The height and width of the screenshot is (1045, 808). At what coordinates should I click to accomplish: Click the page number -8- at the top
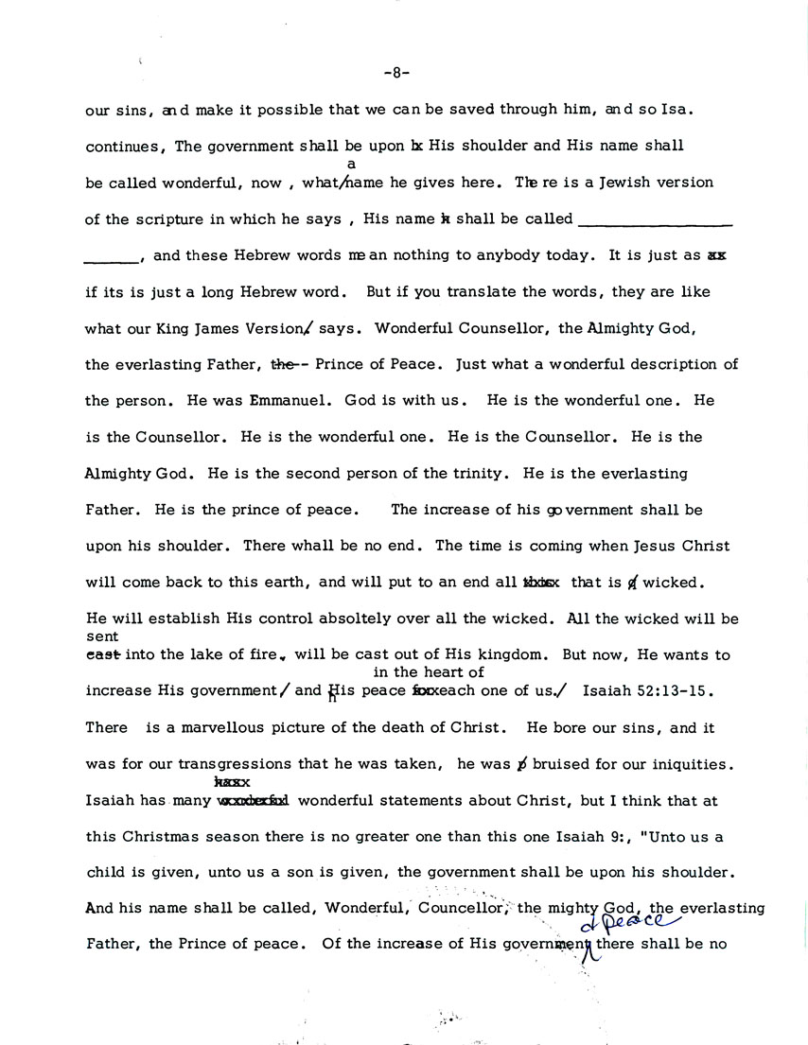tap(397, 73)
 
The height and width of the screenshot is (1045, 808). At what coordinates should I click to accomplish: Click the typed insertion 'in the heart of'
tap(429, 672)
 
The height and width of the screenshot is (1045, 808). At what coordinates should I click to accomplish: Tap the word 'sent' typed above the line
tap(101, 637)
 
